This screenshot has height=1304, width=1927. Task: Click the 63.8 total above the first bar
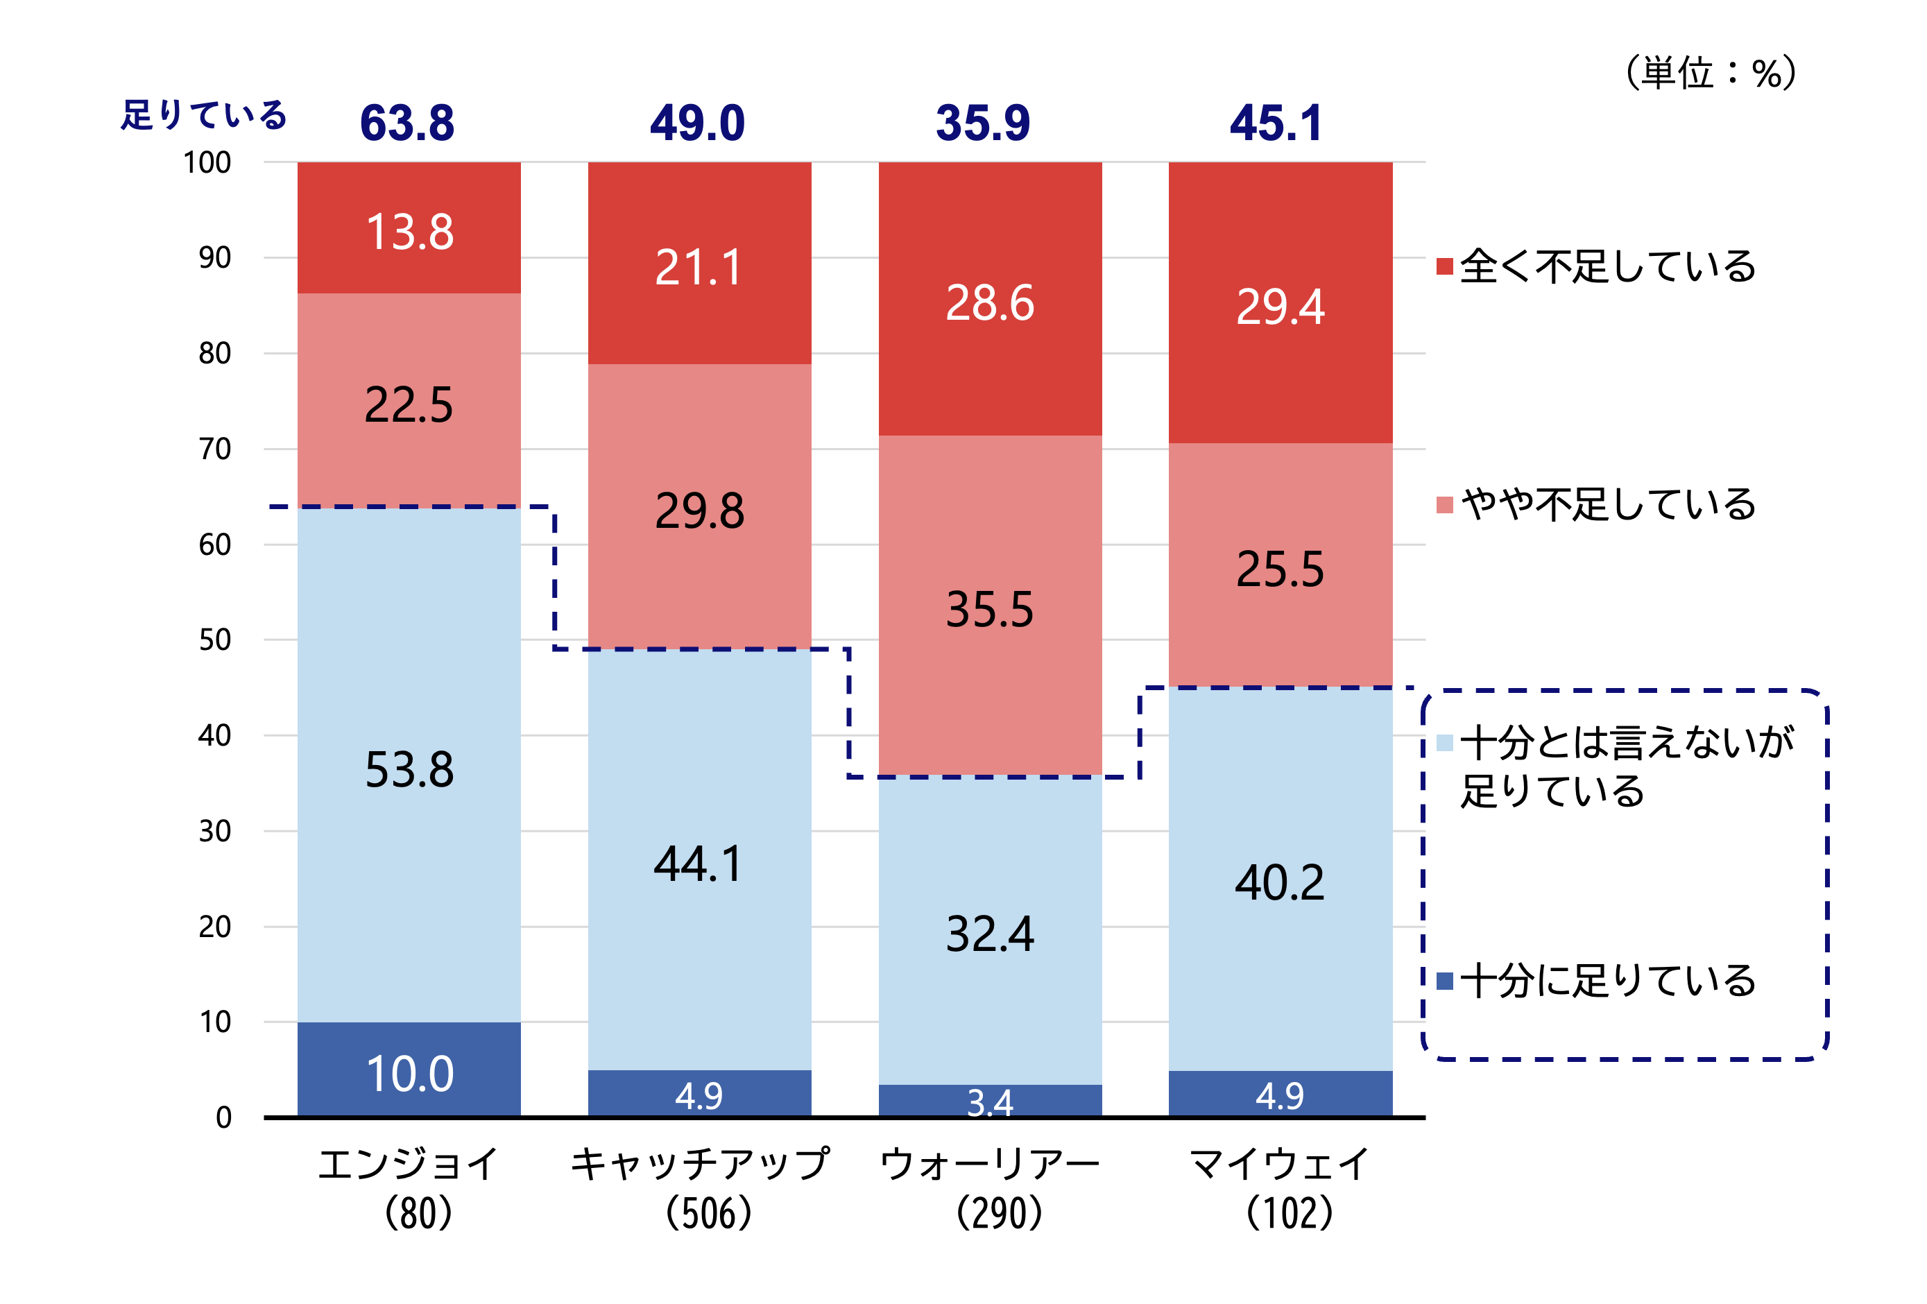[x=407, y=123]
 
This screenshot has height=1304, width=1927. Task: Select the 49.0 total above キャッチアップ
[x=697, y=123]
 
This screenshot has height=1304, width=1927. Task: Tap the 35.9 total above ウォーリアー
[x=984, y=123]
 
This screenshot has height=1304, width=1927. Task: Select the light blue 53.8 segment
[x=410, y=769]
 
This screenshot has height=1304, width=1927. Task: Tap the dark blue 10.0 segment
[x=410, y=1074]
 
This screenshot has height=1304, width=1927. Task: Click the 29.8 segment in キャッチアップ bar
[x=699, y=510]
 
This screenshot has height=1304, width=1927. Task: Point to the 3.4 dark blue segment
[x=990, y=1101]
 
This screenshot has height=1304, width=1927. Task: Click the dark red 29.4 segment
[x=1281, y=306]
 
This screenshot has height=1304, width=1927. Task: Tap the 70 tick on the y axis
[x=215, y=449]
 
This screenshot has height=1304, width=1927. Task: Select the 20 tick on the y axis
[x=215, y=927]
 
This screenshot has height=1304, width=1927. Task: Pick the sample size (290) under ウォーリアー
[x=998, y=1213]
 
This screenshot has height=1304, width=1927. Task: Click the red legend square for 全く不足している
[x=1444, y=266]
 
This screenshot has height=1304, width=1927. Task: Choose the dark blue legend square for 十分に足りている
[x=1444, y=981]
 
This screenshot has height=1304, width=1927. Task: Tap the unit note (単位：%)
[x=1710, y=73]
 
